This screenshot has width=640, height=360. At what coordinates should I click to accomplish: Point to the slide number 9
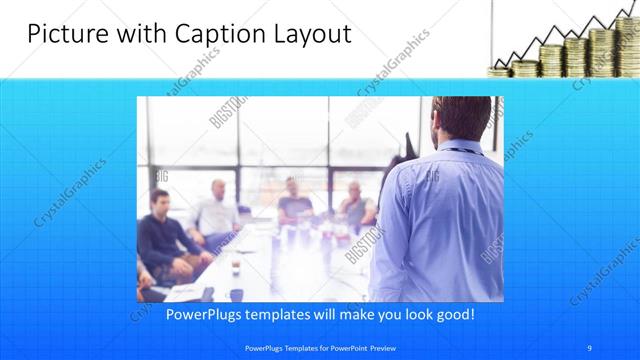[590, 348]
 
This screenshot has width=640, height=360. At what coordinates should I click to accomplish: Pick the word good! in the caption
[452, 314]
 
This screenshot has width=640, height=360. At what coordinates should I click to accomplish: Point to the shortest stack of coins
[500, 70]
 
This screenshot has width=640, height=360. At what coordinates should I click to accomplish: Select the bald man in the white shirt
[217, 212]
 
